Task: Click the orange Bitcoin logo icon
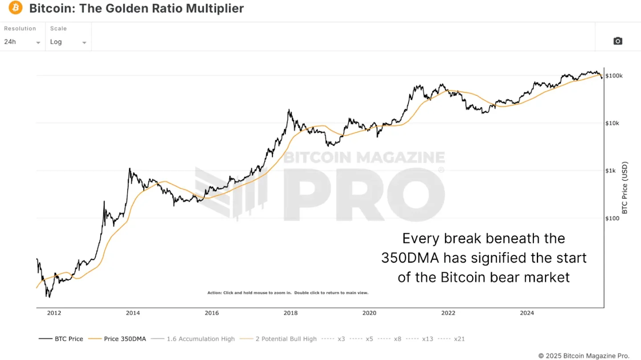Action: tap(16, 8)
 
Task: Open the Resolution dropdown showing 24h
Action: tap(22, 42)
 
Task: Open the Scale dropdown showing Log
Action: tap(68, 42)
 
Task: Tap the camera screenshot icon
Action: tap(617, 41)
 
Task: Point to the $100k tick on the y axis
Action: tap(614, 76)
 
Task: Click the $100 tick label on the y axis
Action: tap(612, 218)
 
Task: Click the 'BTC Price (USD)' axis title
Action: tap(625, 187)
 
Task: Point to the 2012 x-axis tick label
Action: tap(54, 313)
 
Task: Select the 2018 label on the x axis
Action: tap(291, 313)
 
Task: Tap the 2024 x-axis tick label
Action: tap(527, 313)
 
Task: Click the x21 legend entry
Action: tap(459, 339)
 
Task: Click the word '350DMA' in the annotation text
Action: tap(409, 258)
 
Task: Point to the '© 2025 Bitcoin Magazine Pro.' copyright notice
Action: tap(584, 356)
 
